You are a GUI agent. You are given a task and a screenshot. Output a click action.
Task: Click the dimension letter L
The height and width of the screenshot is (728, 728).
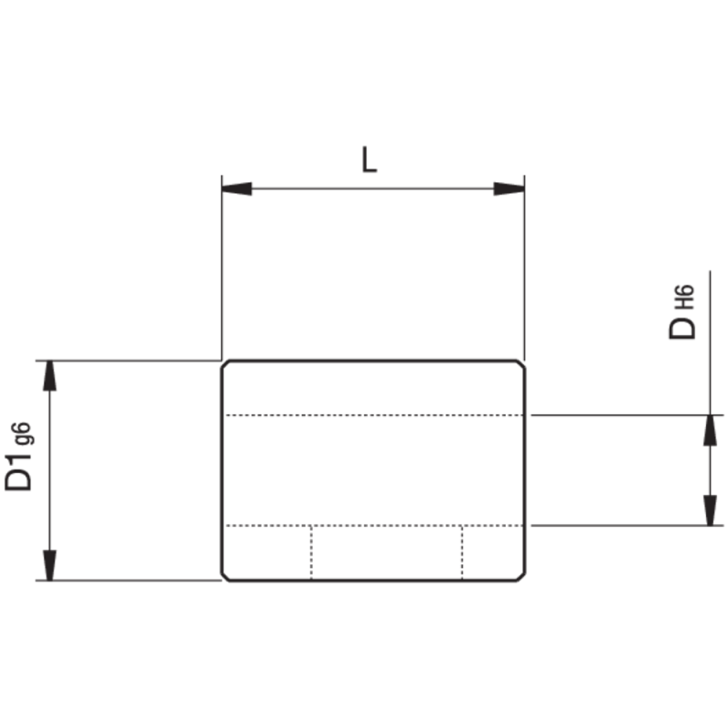[x=368, y=160]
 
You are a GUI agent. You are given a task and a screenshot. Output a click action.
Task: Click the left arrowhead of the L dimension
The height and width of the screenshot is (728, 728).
[x=237, y=188]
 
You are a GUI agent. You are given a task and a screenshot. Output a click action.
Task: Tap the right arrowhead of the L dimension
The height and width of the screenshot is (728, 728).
[x=510, y=188]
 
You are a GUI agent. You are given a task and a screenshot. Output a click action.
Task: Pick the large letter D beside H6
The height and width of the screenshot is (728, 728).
[x=682, y=328]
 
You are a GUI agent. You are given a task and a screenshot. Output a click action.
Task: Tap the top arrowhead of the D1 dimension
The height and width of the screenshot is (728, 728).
[x=49, y=375]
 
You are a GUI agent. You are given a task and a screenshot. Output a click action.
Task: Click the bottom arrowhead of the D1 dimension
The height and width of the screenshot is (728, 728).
[x=49, y=565]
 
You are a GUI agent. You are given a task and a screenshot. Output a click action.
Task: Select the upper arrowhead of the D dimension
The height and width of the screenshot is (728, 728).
[x=709, y=430]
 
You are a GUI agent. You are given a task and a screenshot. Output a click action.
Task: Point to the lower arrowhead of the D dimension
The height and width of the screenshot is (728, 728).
[x=709, y=511]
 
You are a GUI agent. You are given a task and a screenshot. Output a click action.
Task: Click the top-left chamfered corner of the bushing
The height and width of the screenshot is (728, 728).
[x=226, y=364]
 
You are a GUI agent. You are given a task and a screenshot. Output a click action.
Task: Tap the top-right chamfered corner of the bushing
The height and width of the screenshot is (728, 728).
[x=521, y=364]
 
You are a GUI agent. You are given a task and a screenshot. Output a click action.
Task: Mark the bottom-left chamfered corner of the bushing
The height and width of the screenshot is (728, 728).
[x=226, y=576]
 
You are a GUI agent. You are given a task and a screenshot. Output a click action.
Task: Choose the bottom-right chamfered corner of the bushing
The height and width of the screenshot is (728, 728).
[x=521, y=576]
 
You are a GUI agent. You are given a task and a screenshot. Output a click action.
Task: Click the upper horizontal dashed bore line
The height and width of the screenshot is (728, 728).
[x=373, y=415]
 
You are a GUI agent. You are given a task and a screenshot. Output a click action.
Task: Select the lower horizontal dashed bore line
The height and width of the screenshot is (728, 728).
[x=373, y=526]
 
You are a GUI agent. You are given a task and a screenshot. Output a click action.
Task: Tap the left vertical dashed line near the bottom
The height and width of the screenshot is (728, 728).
[x=312, y=552]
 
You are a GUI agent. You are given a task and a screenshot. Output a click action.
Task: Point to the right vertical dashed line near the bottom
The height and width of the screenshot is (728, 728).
[x=462, y=552]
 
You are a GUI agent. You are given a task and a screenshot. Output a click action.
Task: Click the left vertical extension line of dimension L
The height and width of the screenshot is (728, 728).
[x=222, y=273]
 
